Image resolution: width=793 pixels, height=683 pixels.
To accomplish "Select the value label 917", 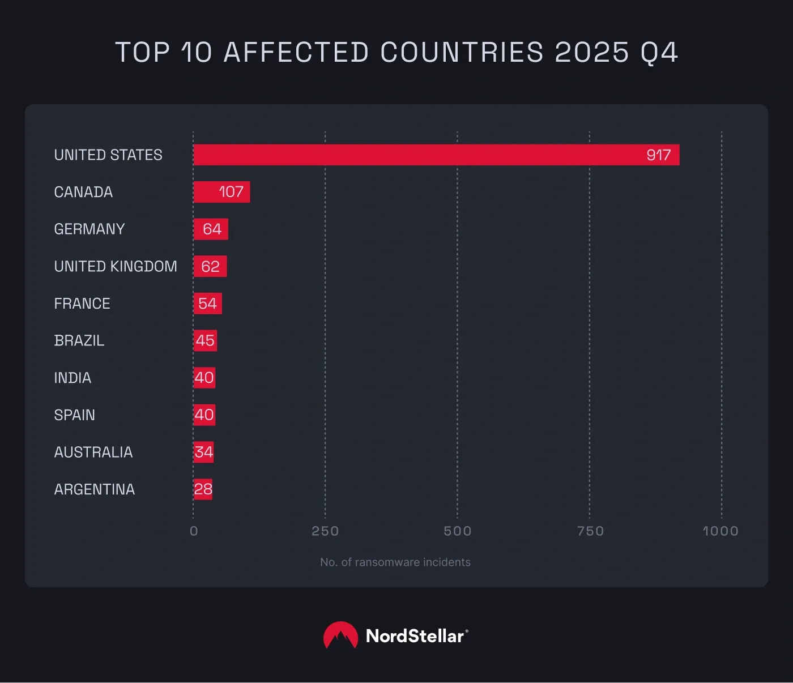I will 658,155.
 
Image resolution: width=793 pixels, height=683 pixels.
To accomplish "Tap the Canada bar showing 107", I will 221,192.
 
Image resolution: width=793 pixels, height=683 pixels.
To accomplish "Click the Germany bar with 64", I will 211,229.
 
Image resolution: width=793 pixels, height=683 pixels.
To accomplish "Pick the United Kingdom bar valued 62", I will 210,266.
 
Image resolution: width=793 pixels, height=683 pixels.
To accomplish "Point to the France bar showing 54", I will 207,304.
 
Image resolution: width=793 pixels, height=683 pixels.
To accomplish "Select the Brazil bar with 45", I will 205,340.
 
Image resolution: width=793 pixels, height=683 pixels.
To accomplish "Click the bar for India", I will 204,378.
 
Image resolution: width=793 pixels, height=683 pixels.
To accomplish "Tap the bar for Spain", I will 204,415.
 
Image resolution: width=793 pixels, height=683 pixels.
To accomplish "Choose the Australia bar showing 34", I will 203,452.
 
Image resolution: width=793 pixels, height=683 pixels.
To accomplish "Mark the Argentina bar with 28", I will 203,489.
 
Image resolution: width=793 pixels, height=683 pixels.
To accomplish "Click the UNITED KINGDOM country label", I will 116,266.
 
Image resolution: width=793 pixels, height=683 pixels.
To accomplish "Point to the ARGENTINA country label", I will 94,489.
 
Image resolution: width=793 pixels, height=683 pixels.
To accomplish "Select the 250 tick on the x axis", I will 325,531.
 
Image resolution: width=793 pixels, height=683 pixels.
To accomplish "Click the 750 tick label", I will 590,531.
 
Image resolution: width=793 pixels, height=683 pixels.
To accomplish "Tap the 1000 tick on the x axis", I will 720,531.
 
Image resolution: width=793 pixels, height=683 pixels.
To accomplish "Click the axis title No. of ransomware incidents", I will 395,562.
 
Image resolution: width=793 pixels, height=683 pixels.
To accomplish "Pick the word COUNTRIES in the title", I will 462,52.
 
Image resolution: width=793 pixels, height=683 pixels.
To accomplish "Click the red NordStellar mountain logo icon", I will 340,635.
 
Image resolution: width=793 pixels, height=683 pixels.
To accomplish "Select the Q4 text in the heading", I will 659,52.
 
